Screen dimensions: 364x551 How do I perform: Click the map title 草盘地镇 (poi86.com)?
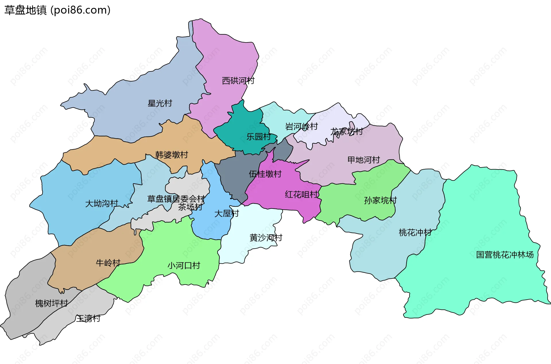point(57,10)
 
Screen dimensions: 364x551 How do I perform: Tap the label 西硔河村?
point(238,81)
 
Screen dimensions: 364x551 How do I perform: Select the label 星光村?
point(160,103)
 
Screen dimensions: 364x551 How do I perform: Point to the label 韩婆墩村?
point(172,155)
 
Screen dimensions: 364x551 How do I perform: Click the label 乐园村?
point(259,137)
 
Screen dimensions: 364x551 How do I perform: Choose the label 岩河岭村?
point(301,126)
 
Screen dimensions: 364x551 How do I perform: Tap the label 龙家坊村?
point(346,132)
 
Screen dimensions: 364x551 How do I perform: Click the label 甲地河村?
point(364,160)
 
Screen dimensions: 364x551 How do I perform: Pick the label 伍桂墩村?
point(265,174)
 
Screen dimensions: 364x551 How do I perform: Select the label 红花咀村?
point(302,194)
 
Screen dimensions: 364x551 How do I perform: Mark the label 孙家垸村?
point(380,200)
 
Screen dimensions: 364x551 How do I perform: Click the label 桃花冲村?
point(415,232)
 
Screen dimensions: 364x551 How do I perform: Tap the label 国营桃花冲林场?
point(505,255)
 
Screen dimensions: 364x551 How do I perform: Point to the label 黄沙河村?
point(266,238)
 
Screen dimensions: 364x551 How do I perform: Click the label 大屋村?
point(227,213)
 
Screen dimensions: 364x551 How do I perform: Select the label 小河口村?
point(184,265)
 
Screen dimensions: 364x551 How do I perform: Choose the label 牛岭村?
point(108,263)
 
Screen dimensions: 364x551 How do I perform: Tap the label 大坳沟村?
point(102,204)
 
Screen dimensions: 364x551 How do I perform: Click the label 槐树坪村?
point(51,303)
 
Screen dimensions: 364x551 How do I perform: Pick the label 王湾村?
point(88,318)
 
